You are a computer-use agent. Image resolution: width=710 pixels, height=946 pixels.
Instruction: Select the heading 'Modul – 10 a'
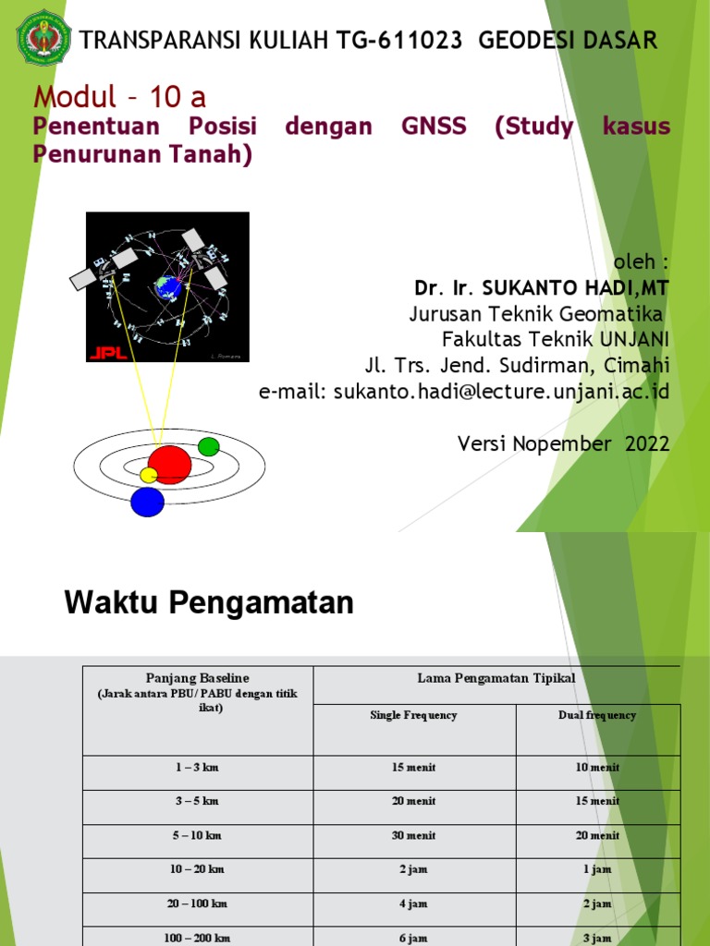[x=120, y=96]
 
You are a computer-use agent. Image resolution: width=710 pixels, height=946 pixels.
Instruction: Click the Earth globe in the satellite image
[x=168, y=287]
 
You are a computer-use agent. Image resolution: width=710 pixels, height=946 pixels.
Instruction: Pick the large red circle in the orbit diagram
[x=169, y=464]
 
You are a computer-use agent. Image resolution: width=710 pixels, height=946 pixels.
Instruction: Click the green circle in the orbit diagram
[x=209, y=447]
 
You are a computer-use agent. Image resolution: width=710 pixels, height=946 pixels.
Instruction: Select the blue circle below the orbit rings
[x=147, y=502]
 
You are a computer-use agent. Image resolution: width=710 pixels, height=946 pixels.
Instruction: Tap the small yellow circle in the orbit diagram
[x=148, y=475]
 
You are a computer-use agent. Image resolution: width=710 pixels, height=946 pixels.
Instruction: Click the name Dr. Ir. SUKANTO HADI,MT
[x=542, y=289]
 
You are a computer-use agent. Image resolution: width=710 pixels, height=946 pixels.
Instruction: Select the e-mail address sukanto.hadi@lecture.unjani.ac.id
[x=464, y=391]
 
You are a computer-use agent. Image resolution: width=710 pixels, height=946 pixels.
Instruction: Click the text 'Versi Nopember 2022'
[x=563, y=443]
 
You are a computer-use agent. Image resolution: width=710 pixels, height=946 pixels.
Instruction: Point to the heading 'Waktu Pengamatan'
[x=209, y=603]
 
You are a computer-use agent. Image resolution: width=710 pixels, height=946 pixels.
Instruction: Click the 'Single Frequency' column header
[x=413, y=715]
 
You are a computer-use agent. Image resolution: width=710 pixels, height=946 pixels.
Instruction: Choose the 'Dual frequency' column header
[x=597, y=715]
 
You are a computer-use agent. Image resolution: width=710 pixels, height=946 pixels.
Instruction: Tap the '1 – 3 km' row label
[x=198, y=767]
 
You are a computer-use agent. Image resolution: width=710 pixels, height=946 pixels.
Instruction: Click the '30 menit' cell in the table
[x=413, y=835]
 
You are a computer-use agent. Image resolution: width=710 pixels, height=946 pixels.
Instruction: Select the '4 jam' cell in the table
[x=413, y=904]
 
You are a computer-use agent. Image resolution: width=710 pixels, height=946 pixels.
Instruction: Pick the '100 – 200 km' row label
[x=198, y=938]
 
